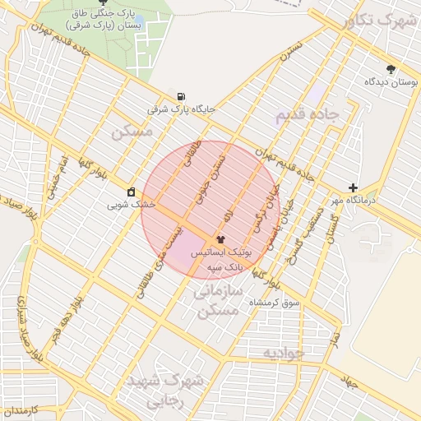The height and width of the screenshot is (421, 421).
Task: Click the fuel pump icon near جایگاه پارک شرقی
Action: click(181, 96)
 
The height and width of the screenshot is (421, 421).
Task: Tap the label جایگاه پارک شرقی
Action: click(180, 109)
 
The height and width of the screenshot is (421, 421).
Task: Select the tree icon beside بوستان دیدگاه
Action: click(391, 70)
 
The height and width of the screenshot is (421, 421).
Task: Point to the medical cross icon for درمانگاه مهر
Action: click(353, 188)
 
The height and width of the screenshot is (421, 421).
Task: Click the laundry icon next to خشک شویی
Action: click(131, 192)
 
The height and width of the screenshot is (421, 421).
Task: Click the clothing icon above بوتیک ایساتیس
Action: click(220, 238)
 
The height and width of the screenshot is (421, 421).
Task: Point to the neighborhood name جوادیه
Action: click(284, 353)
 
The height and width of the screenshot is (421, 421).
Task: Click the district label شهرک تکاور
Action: click(379, 21)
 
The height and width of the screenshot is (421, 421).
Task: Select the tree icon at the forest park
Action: click(102, 2)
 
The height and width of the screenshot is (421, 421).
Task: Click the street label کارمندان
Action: click(21, 409)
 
